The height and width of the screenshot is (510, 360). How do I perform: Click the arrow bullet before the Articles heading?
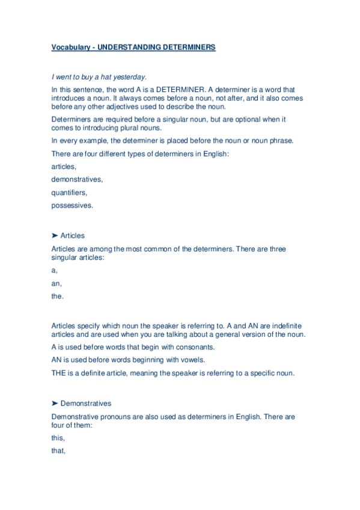pyautogui.click(x=55, y=236)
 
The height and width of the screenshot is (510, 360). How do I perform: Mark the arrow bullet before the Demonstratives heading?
pyautogui.click(x=55, y=404)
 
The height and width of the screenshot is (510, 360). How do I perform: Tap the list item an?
pyautogui.click(x=56, y=283)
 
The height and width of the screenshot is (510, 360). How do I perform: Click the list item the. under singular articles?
pyautogui.click(x=58, y=296)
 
